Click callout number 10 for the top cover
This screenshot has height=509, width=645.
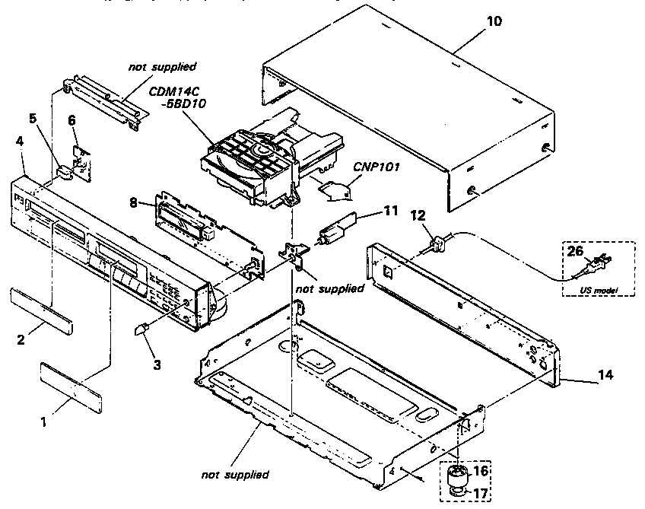tap(494, 21)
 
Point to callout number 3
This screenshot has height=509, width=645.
tap(157, 364)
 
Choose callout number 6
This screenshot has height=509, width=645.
tap(72, 119)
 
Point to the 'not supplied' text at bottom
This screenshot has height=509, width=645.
tap(235, 475)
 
